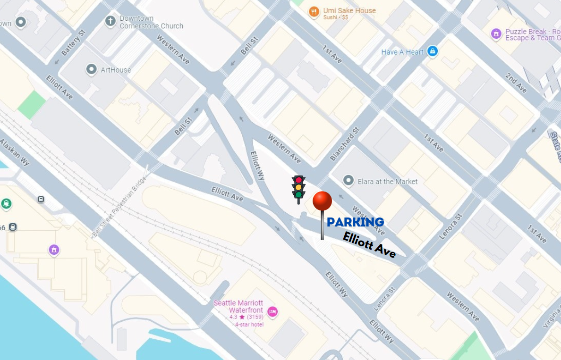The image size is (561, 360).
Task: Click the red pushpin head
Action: tap(322, 201)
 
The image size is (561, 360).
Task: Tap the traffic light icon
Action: tap(298, 189)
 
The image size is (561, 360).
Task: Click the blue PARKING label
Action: tap(355, 222)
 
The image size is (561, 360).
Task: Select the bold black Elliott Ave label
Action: tap(369, 245)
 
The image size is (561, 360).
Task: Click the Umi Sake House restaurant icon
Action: tap(314, 12)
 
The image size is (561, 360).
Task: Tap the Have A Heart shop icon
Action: tap(432, 51)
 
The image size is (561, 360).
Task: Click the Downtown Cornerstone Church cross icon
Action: tap(110, 21)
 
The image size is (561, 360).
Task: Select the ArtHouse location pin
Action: tap(91, 70)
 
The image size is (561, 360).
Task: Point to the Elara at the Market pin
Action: tap(348, 181)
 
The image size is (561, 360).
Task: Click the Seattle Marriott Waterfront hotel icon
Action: tap(272, 311)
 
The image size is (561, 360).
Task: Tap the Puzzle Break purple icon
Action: tap(496, 33)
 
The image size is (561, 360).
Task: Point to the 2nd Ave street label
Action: tap(516, 83)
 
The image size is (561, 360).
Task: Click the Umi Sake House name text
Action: tap(349, 10)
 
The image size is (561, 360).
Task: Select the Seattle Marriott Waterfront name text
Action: tap(238, 307)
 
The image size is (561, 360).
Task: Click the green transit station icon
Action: tap(6, 204)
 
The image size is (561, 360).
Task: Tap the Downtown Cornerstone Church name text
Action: tap(151, 22)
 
